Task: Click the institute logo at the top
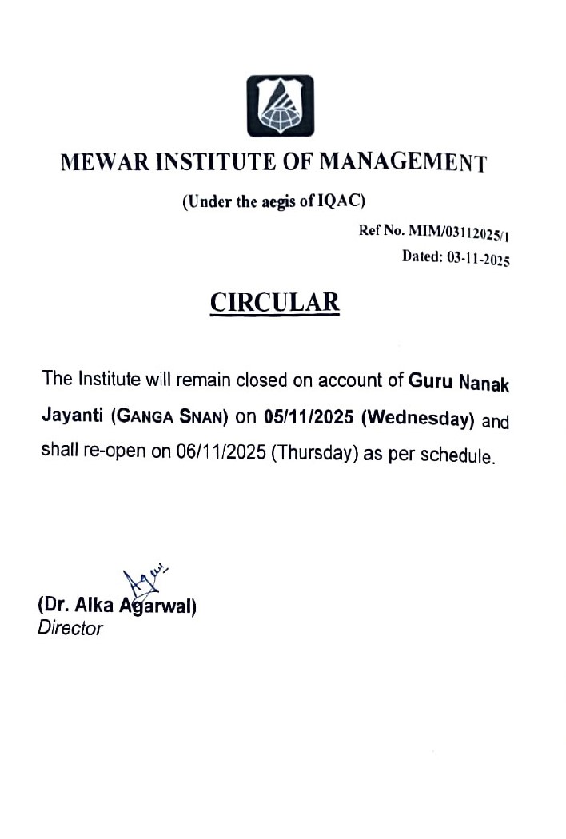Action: tap(280, 105)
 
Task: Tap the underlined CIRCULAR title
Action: tap(274, 303)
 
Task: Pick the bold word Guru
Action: tap(431, 381)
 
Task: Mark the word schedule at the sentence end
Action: tap(456, 457)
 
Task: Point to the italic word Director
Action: tap(70, 628)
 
